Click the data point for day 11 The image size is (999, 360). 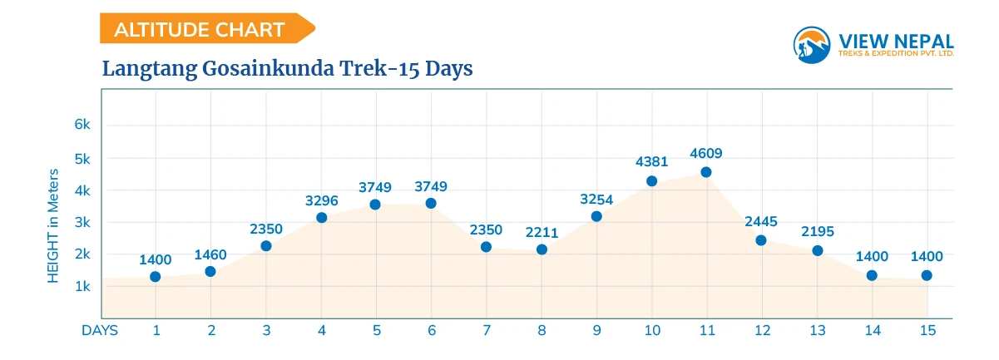pyautogui.click(x=706, y=172)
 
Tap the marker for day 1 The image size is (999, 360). pyautogui.click(x=156, y=277)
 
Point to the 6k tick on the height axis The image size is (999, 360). pyautogui.click(x=82, y=125)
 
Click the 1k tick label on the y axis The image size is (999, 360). pyautogui.click(x=82, y=286)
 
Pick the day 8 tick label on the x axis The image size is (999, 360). pyautogui.click(x=542, y=330)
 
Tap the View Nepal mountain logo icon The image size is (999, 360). pyautogui.click(x=812, y=44)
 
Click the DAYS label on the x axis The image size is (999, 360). pyautogui.click(x=100, y=330)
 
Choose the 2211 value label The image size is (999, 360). pyautogui.click(x=542, y=232)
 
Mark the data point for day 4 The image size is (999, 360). pyautogui.click(x=321, y=218)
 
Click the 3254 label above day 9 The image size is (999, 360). pyautogui.click(x=596, y=199)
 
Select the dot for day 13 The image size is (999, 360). pyautogui.click(x=817, y=250)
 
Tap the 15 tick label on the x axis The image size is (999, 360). pyautogui.click(x=927, y=330)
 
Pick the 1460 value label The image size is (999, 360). pyautogui.click(x=210, y=254)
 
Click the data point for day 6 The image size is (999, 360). pyautogui.click(x=431, y=203)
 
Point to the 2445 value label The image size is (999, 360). pyautogui.click(x=761, y=222)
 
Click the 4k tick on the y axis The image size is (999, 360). pyautogui.click(x=82, y=190)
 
